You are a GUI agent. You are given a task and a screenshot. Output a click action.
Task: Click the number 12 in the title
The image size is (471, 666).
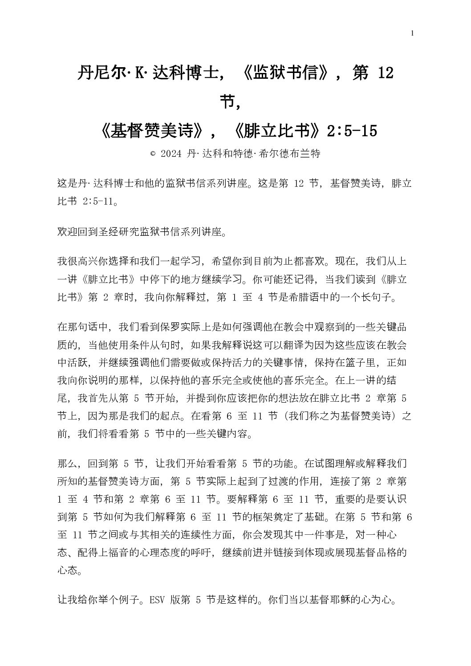(385, 73)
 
